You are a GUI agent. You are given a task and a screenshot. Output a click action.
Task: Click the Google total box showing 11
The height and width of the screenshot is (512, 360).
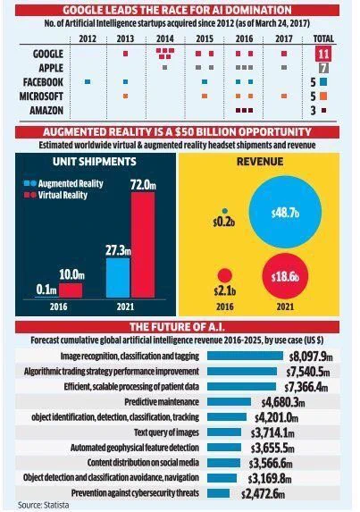tap(323, 54)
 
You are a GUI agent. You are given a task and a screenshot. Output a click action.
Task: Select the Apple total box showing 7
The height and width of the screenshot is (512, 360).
tap(323, 68)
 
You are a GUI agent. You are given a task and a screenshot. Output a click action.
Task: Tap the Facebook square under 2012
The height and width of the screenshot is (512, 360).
tap(88, 81)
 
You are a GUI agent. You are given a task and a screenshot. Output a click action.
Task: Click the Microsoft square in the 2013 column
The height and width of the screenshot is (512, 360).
tap(125, 96)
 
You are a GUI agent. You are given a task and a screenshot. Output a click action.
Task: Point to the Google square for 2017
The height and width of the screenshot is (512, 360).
tap(284, 54)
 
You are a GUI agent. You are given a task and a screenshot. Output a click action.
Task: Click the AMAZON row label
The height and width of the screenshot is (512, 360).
tap(46, 111)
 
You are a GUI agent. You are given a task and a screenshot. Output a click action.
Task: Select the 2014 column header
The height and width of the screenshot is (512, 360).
tap(165, 38)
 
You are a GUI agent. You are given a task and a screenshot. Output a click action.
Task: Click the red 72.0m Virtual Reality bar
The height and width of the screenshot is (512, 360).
tap(143, 245)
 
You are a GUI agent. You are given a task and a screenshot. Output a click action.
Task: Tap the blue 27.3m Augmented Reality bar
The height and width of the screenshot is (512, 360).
tap(118, 278)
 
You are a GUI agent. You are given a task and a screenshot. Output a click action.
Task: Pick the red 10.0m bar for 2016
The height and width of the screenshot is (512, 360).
tap(71, 290)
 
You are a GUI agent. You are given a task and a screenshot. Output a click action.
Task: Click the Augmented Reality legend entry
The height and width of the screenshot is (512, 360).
tap(63, 183)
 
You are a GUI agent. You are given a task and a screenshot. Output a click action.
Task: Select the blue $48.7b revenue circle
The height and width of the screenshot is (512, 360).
tap(285, 212)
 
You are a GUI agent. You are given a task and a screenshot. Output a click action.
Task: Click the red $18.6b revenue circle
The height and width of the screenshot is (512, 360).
tap(285, 276)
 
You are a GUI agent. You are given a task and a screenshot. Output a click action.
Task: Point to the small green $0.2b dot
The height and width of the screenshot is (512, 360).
tap(224, 211)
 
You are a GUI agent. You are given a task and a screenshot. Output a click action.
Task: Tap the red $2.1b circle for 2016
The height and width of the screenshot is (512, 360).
tap(224, 275)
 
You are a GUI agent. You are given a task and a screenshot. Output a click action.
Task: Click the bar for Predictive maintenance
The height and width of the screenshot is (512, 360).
tap(229, 401)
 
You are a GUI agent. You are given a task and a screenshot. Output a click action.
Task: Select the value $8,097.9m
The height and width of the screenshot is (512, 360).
tap(311, 357)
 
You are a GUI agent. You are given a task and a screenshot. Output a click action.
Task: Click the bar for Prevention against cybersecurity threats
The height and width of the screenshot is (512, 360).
tap(218, 493)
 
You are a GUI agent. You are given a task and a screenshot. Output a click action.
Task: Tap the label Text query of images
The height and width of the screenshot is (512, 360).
tap(166, 432)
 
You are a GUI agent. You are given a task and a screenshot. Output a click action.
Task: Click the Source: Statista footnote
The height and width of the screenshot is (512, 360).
tap(44, 505)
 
